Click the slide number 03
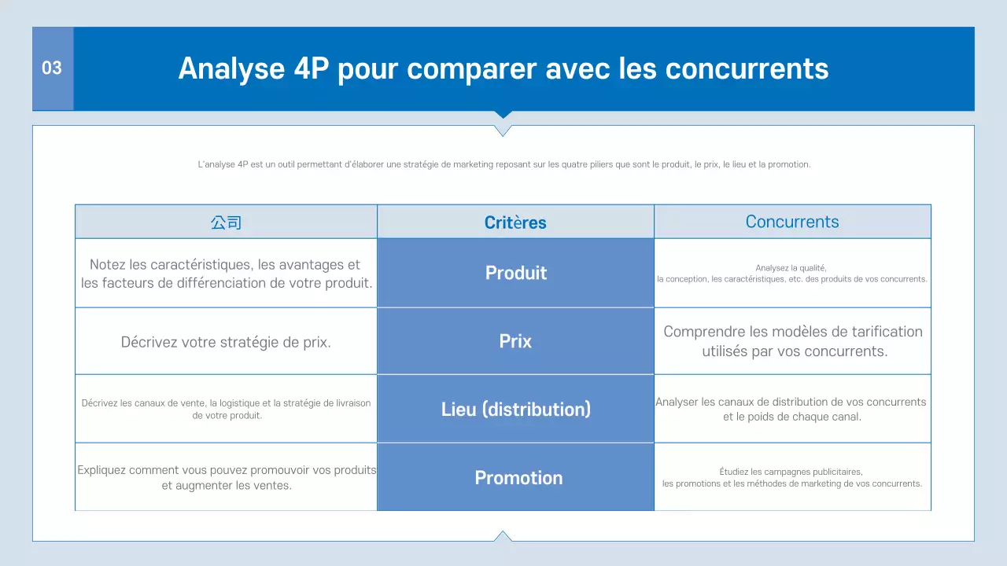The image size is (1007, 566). click(x=52, y=68)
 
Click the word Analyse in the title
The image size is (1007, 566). click(x=231, y=69)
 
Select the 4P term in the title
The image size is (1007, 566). click(x=311, y=69)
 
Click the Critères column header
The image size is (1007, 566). click(x=515, y=222)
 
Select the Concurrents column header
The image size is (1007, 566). click(x=792, y=222)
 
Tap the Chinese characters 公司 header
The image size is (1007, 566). click(x=226, y=222)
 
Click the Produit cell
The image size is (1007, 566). click(x=515, y=273)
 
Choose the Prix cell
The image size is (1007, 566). click(x=515, y=341)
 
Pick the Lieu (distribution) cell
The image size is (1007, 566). click(x=515, y=410)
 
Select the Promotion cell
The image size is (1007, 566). click(x=518, y=478)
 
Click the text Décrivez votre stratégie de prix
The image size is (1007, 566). click(x=226, y=343)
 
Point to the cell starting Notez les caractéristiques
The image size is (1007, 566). click(x=226, y=274)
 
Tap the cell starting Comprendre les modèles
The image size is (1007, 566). click(x=793, y=341)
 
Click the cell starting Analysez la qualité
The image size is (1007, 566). click(x=792, y=274)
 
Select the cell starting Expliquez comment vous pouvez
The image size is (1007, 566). click(x=226, y=477)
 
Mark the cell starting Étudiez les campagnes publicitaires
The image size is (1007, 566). click(x=792, y=477)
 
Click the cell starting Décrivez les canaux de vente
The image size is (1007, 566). click(x=226, y=409)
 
